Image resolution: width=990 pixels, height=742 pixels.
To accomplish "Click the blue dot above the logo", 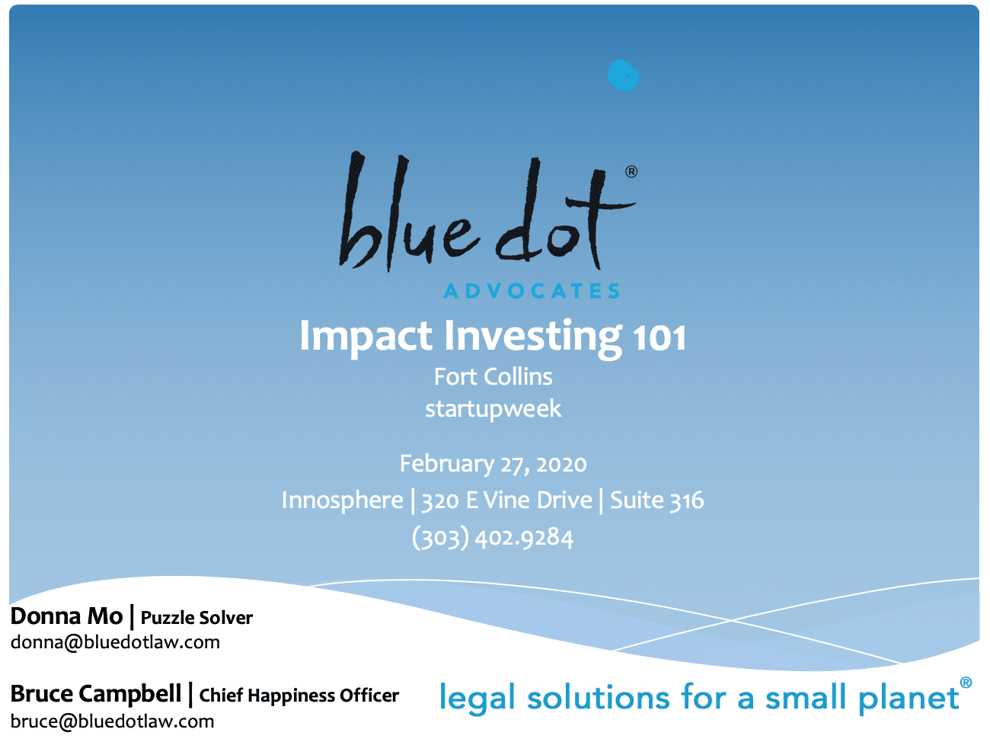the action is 623,75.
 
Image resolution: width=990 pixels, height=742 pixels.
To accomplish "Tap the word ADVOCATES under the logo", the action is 532,291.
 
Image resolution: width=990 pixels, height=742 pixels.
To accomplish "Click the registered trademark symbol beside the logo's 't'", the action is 631,172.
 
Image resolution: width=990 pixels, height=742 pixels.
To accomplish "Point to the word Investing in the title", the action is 534,337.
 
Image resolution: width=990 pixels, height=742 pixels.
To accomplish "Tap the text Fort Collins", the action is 493,376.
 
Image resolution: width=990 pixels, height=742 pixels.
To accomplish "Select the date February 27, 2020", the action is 493,464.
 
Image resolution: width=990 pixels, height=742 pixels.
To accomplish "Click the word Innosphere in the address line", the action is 343,501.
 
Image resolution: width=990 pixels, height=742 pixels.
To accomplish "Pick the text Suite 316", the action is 656,501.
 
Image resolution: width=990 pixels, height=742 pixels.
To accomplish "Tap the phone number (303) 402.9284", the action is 493,538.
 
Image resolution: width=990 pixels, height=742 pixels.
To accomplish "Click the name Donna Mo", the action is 67,616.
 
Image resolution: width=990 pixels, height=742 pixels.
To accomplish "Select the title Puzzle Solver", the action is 196,618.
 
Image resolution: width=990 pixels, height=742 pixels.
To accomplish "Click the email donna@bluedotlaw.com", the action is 115,642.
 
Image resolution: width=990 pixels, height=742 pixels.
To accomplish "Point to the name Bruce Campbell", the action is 96,694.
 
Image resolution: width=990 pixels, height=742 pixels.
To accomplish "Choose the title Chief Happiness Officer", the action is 299,696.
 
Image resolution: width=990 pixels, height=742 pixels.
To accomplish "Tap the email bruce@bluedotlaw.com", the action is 112,721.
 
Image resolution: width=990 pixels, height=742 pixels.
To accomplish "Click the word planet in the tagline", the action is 909,699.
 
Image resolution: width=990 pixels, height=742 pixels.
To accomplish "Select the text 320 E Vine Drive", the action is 506,501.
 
